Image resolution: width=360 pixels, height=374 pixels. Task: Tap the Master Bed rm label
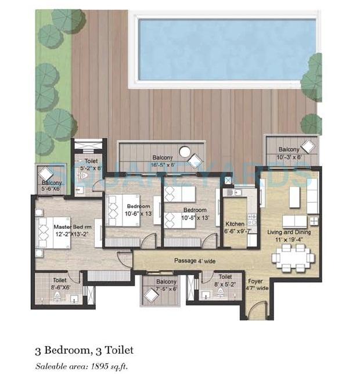coord(73,226)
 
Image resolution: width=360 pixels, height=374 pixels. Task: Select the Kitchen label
coord(235,223)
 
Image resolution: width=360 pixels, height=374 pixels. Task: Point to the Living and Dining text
coord(289,232)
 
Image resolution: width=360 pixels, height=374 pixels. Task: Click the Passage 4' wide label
coord(195,261)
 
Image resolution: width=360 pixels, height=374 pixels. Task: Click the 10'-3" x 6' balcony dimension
coord(289,157)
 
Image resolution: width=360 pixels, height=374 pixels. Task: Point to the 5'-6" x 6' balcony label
coord(52,189)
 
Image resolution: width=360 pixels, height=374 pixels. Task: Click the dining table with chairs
coord(293,257)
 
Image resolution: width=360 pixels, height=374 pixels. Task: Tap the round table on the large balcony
coord(185,152)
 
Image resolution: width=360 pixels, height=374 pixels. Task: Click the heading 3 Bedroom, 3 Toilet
coord(84,350)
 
